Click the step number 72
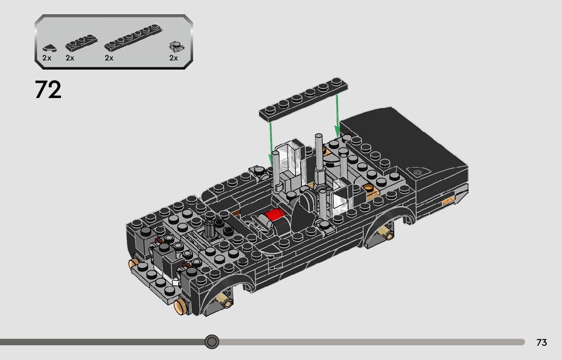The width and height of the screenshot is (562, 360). pos(48,89)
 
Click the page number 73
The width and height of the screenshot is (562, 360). pos(542,342)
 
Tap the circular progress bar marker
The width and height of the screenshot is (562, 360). pos(212,342)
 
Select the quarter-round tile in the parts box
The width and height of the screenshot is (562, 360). pos(49,48)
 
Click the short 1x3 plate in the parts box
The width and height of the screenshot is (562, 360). pos(81,43)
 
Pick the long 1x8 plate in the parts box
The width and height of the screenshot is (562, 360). pos(133,38)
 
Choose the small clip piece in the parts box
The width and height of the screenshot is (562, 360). pos(177,47)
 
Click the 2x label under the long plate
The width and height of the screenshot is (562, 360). pos(109,58)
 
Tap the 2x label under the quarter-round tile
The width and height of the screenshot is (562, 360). pos(47,58)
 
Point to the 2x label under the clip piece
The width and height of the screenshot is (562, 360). pos(173,58)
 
